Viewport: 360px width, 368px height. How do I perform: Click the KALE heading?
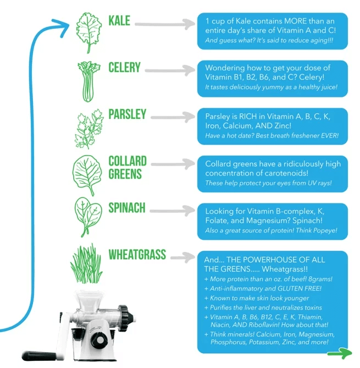click(x=119, y=21)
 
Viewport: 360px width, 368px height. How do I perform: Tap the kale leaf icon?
click(x=89, y=33)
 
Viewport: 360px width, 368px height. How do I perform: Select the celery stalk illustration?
click(x=88, y=81)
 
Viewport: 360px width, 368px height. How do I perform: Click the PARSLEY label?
click(x=128, y=114)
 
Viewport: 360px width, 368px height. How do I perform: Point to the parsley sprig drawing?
click(x=88, y=129)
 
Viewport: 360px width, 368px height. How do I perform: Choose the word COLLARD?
click(x=128, y=161)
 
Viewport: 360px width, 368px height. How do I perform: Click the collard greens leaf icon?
click(x=87, y=175)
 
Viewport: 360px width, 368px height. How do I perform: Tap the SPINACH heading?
click(x=127, y=208)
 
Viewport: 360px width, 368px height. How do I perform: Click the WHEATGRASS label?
click(x=137, y=254)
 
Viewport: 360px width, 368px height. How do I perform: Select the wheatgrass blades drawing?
click(x=86, y=263)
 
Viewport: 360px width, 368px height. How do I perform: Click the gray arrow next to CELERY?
click(x=170, y=70)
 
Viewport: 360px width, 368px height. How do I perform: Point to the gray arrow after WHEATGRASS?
click(x=182, y=257)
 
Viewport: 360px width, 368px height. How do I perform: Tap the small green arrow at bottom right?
click(x=340, y=353)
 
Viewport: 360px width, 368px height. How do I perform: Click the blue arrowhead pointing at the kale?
click(x=62, y=28)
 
